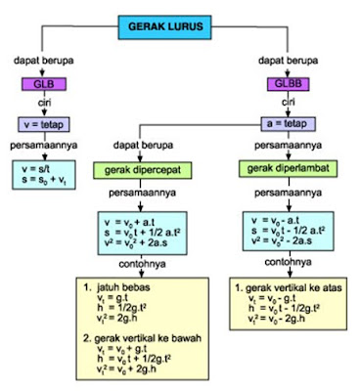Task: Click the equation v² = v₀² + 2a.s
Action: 146,247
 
